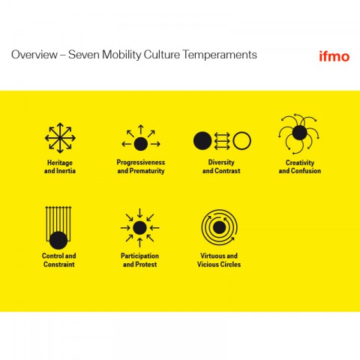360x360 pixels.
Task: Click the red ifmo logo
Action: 334,56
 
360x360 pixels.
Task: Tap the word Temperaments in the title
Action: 220,55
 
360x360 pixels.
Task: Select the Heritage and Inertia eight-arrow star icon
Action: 60,138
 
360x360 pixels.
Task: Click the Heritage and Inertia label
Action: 60,166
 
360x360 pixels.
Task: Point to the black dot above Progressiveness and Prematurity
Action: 141,144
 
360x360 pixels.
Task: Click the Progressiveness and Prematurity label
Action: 141,166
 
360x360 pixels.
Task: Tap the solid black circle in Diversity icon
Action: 202,141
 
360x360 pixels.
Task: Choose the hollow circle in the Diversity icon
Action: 241,141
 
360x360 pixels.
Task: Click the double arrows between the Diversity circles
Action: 222,141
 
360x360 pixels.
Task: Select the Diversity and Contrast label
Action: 221,166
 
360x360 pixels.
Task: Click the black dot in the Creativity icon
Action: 299,133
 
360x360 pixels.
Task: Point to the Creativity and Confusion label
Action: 300,166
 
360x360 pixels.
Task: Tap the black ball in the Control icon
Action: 58,241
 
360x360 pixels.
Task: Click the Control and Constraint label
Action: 59,260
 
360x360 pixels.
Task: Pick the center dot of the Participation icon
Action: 139,228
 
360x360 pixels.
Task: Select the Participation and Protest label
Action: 139,260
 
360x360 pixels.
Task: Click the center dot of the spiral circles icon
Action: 219,227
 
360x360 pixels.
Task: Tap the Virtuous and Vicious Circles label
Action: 219,260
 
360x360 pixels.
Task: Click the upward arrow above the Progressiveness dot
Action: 141,129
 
